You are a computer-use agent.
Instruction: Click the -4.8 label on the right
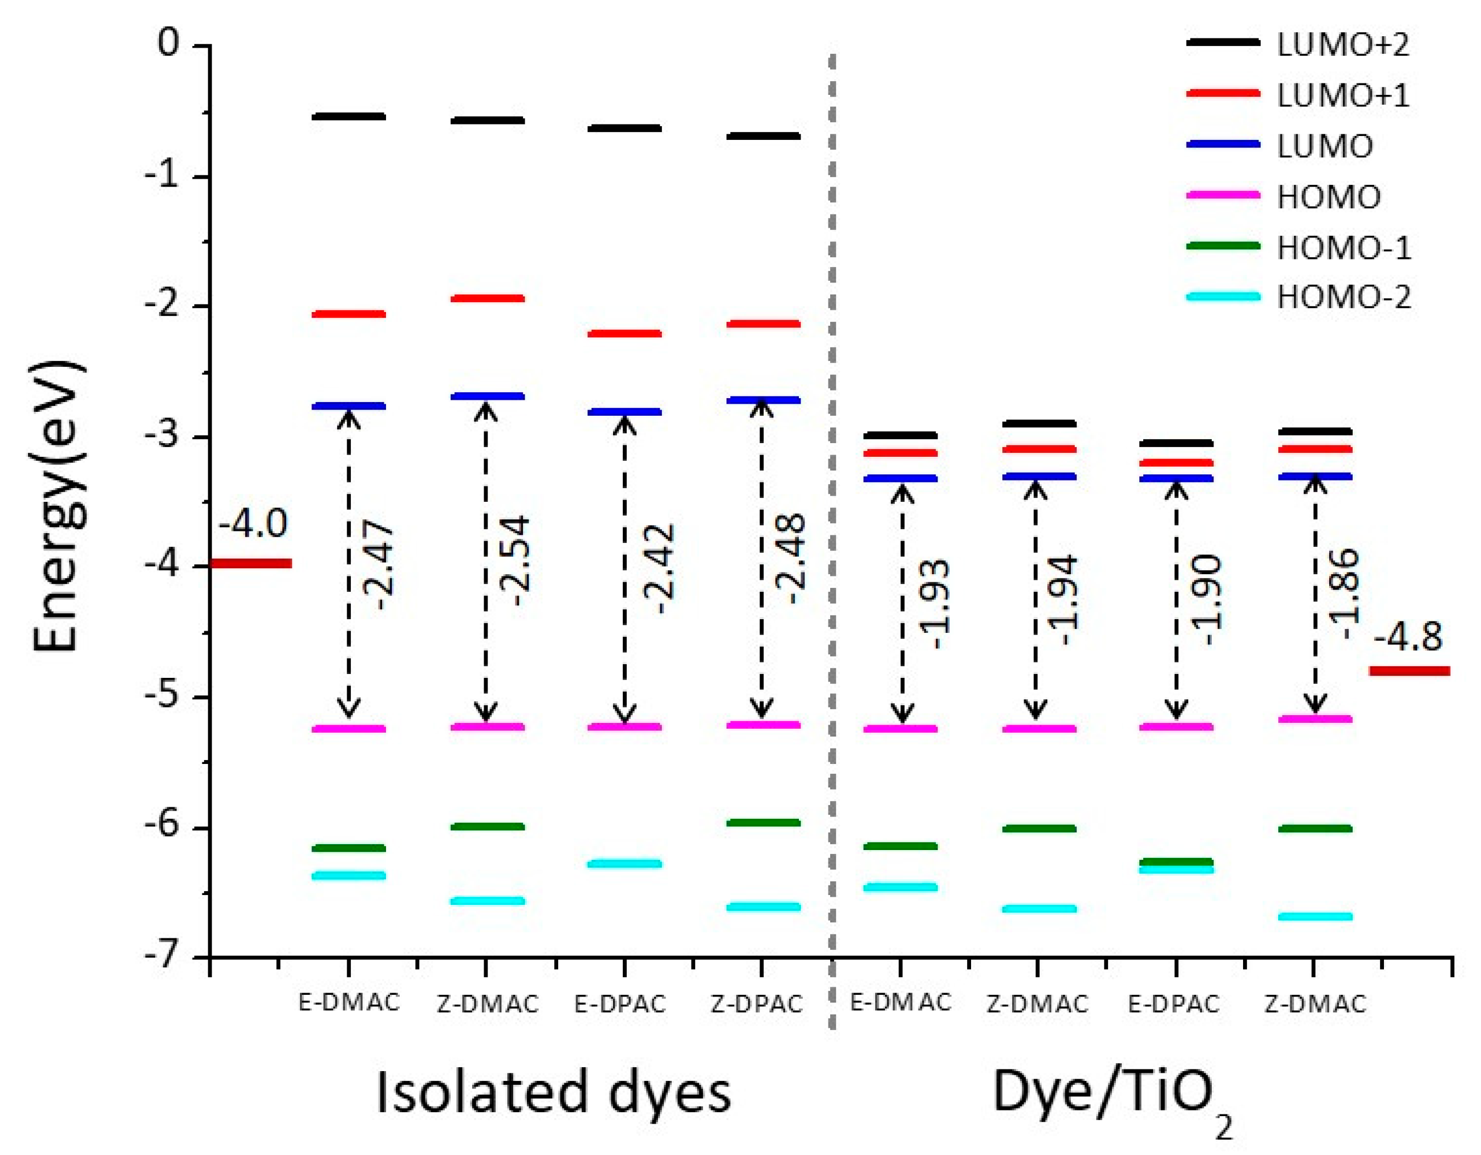point(1408,636)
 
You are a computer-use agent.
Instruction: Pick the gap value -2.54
point(515,561)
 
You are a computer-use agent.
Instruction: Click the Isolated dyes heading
point(553,1092)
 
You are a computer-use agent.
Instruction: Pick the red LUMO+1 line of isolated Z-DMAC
point(487,298)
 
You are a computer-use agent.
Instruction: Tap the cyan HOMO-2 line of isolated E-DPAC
point(624,863)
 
